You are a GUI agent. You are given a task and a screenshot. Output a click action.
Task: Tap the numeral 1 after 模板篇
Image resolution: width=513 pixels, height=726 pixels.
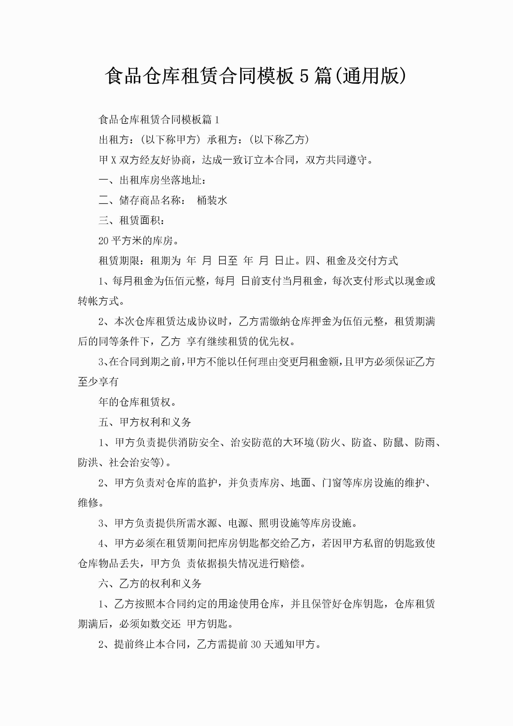pos(217,120)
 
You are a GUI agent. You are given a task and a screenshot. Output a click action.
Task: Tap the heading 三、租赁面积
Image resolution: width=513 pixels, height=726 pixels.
pos(132,220)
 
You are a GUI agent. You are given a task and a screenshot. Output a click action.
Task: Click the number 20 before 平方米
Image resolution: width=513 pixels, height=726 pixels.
pos(103,241)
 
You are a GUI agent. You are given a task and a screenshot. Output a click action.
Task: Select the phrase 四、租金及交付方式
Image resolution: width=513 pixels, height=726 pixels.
pos(351,261)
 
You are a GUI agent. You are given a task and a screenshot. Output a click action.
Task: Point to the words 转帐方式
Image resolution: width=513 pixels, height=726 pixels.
pos(98,301)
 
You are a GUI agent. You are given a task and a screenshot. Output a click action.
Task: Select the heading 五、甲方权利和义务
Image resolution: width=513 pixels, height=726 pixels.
pos(145,422)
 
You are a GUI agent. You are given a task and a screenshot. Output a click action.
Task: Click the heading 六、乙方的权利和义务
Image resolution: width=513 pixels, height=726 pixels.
pos(150,583)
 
